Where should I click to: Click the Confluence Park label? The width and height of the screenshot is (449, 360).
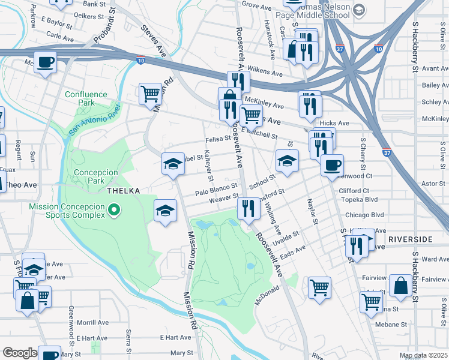86,98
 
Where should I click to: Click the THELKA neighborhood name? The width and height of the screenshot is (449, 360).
123,191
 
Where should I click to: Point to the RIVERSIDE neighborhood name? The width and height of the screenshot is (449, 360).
410,239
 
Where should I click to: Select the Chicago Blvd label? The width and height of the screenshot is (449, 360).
364,215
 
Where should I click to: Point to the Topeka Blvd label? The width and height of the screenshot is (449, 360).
358,199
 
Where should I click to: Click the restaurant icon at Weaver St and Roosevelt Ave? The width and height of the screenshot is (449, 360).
248,209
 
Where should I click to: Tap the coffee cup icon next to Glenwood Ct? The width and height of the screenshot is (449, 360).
331,165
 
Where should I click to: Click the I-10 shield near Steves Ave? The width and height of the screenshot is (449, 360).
140,60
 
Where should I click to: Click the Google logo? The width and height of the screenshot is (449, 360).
20,353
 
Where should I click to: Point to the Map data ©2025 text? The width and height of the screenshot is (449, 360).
423,355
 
